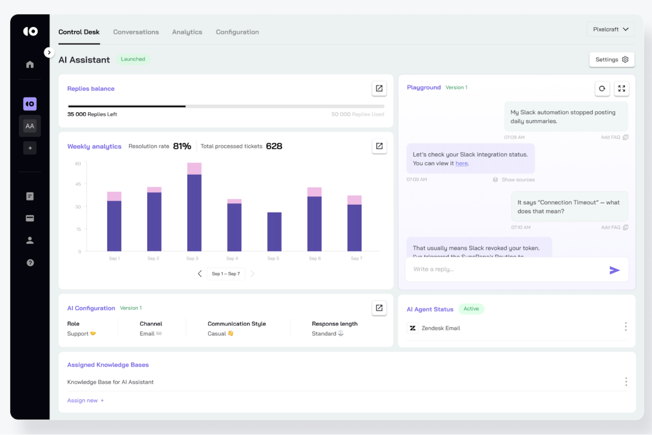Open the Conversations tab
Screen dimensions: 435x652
[136, 32]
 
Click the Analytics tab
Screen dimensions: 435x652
[187, 32]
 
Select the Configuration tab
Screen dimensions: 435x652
[237, 32]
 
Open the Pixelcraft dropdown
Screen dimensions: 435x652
[610, 30]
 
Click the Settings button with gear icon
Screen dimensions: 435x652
[611, 59]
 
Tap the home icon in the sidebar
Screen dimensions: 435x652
[30, 64]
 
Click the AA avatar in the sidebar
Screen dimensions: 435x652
[30, 126]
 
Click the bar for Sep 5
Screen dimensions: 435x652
[274, 231]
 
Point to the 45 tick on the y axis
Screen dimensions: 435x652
[78, 184]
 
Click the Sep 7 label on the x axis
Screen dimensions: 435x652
[356, 259]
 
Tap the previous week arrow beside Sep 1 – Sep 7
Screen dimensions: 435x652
[200, 274]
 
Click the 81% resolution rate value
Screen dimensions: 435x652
[182, 146]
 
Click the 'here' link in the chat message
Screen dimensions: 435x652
[461, 164]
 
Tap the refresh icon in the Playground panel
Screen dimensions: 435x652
[602, 89]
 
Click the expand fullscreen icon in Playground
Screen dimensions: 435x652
[621, 89]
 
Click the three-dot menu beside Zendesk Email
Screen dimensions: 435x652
[625, 327]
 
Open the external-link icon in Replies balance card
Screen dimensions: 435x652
[379, 89]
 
